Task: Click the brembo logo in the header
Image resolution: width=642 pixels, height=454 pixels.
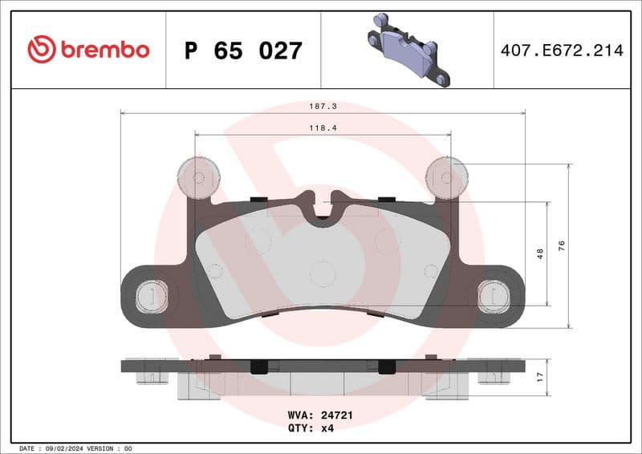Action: point(88,50)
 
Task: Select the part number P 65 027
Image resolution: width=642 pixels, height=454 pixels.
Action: point(243,51)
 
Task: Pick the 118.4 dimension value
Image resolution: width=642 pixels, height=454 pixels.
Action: point(322,127)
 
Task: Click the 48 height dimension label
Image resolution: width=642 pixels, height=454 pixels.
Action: point(540,253)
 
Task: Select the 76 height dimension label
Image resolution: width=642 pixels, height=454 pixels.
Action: point(562,245)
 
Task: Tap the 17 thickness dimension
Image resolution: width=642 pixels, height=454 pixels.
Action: point(540,374)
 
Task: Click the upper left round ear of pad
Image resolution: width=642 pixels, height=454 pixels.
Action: point(197,176)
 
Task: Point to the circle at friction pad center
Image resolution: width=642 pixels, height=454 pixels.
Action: point(322,274)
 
